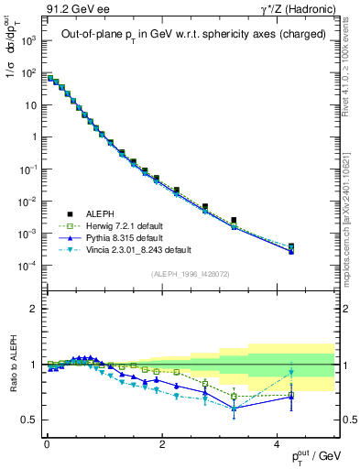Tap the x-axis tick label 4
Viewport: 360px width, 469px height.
tap(278, 443)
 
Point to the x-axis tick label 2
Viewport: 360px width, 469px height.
tap(162, 443)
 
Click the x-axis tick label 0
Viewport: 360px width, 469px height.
tap(47, 443)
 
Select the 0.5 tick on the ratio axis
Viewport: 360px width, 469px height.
tap(29, 420)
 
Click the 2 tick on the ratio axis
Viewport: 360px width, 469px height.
tap(33, 310)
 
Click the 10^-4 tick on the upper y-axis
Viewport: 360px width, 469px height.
tap(28, 266)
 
